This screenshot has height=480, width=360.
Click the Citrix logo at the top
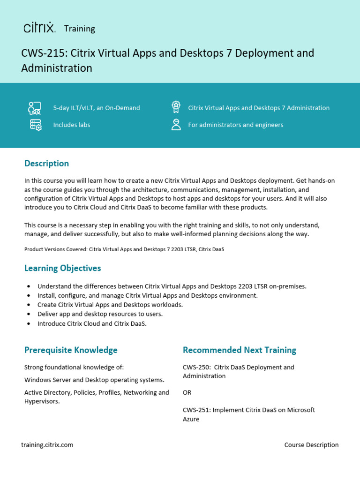39,28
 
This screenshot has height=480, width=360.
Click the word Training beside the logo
79,29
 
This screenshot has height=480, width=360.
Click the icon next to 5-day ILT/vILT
35,108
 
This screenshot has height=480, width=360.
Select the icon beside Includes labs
35,125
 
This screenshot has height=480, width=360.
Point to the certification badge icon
176,107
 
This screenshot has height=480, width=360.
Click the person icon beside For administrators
176,124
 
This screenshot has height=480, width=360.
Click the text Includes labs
71,125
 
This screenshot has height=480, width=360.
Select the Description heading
46,163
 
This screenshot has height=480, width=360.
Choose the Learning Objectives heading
62,268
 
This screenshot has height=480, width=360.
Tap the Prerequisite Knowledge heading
71,350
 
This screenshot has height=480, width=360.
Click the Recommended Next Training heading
239,350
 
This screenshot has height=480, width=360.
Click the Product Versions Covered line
124,249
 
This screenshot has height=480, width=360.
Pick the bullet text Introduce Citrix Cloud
92,323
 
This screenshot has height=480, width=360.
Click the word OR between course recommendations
187,392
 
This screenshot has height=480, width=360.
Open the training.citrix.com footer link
47,445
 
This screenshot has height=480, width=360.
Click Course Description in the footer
311,445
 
